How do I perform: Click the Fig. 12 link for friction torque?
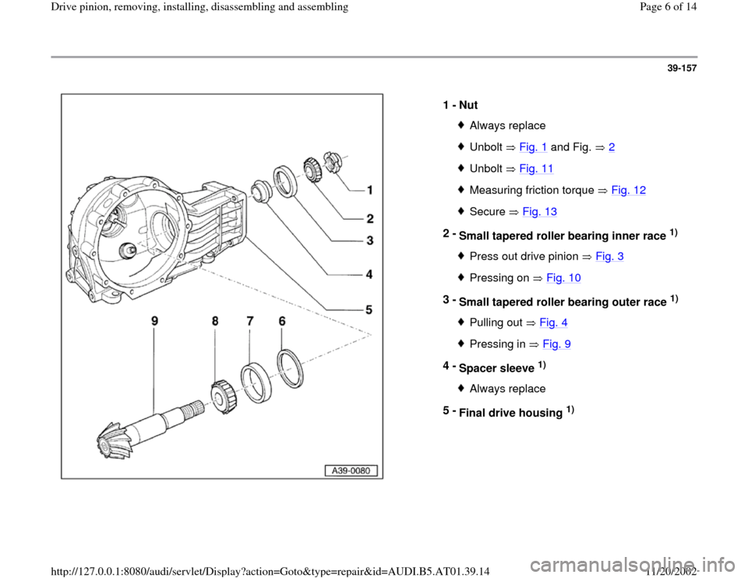(x=630, y=189)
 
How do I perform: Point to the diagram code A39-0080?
(x=350, y=471)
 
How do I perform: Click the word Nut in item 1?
(x=468, y=104)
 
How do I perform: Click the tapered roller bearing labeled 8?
(x=224, y=389)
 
